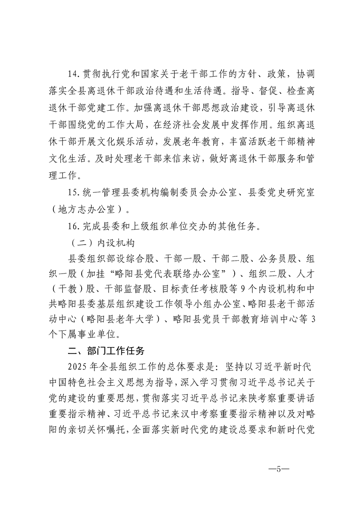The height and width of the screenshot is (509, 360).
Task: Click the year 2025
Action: tap(76, 366)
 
